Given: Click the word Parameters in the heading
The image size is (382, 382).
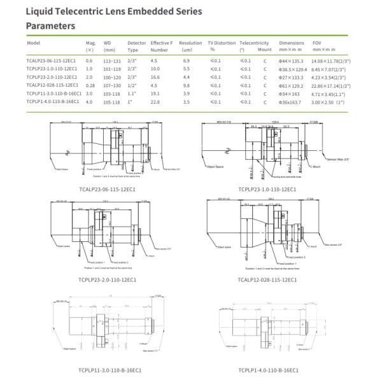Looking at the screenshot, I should click(50, 26).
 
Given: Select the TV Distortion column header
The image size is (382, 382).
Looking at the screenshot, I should click(220, 42).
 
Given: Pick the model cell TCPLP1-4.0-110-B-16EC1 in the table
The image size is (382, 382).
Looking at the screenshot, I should click(52, 101).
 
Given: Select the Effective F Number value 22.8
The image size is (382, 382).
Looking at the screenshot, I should click(155, 101).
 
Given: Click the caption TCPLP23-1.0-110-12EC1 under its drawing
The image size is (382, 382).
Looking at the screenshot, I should click(267, 189).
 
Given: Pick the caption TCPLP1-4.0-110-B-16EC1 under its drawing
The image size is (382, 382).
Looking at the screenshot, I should click(267, 369).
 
